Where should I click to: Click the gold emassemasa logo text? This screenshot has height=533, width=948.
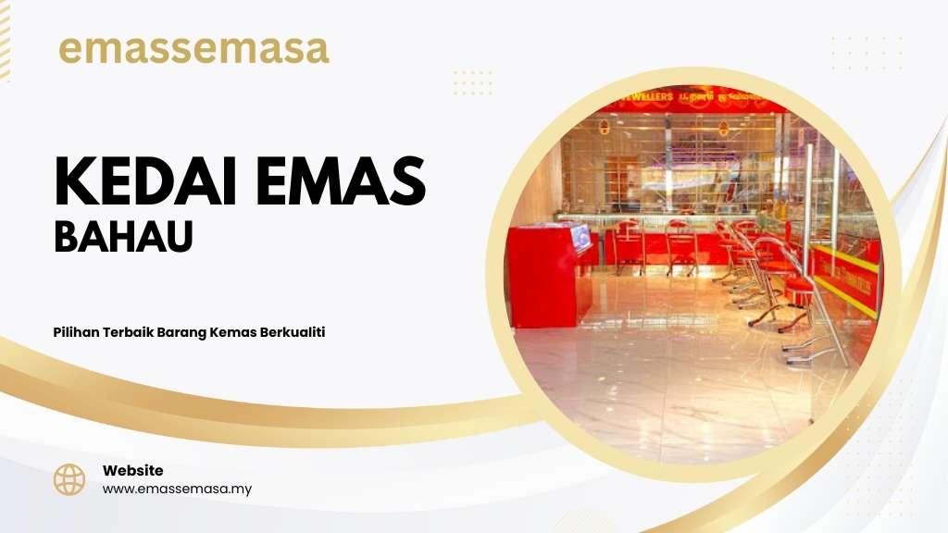(193, 50)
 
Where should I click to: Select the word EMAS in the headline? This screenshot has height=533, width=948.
(341, 181)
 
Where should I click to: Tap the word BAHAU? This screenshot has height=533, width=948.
(123, 236)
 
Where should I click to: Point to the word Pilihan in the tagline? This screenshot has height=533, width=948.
(76, 332)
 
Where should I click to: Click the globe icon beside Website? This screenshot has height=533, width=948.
(69, 480)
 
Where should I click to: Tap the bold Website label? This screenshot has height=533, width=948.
(133, 470)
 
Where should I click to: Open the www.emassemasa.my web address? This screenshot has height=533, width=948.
(177, 489)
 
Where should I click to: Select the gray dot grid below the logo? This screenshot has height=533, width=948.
(473, 82)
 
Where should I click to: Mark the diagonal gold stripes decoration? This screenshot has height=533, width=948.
(5, 39)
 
